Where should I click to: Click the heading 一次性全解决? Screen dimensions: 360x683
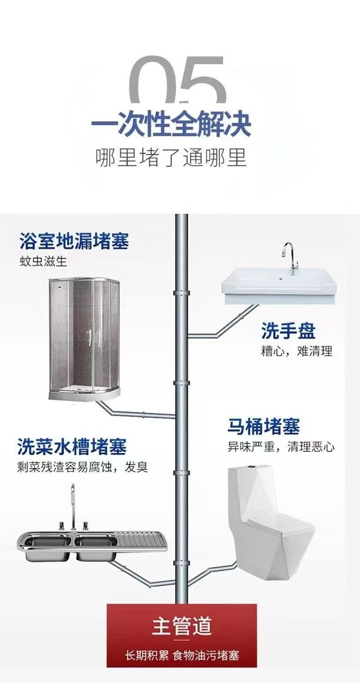pyautogui.click(x=171, y=123)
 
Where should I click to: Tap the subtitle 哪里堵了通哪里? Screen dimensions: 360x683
pyautogui.click(x=171, y=157)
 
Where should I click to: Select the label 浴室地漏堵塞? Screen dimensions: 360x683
pyautogui.click(x=74, y=241)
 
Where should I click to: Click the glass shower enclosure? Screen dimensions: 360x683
pyautogui.click(x=85, y=340)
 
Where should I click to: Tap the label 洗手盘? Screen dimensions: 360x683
pyautogui.click(x=288, y=331)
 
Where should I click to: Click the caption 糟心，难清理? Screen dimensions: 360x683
pyautogui.click(x=297, y=351)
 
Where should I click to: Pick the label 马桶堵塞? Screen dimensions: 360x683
pyautogui.click(x=264, y=427)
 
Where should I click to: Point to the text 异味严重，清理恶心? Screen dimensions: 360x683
pyautogui.click(x=281, y=447)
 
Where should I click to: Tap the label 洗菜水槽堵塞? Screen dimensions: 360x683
pyautogui.click(x=72, y=447)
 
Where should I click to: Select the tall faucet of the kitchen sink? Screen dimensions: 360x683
pyautogui.click(x=72, y=506)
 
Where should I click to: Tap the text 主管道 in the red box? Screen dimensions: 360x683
pyautogui.click(x=182, y=626)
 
